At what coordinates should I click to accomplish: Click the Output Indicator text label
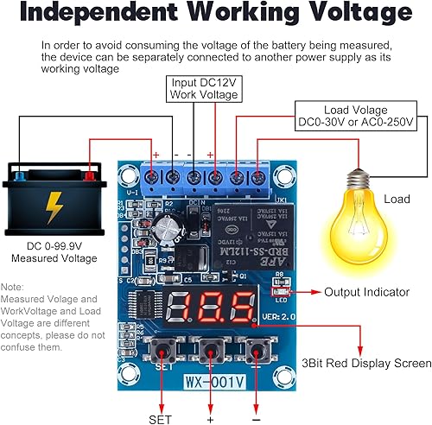pos(366,293)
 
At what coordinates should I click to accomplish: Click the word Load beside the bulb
pos(397,200)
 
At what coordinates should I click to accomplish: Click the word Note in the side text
pos(12,287)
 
